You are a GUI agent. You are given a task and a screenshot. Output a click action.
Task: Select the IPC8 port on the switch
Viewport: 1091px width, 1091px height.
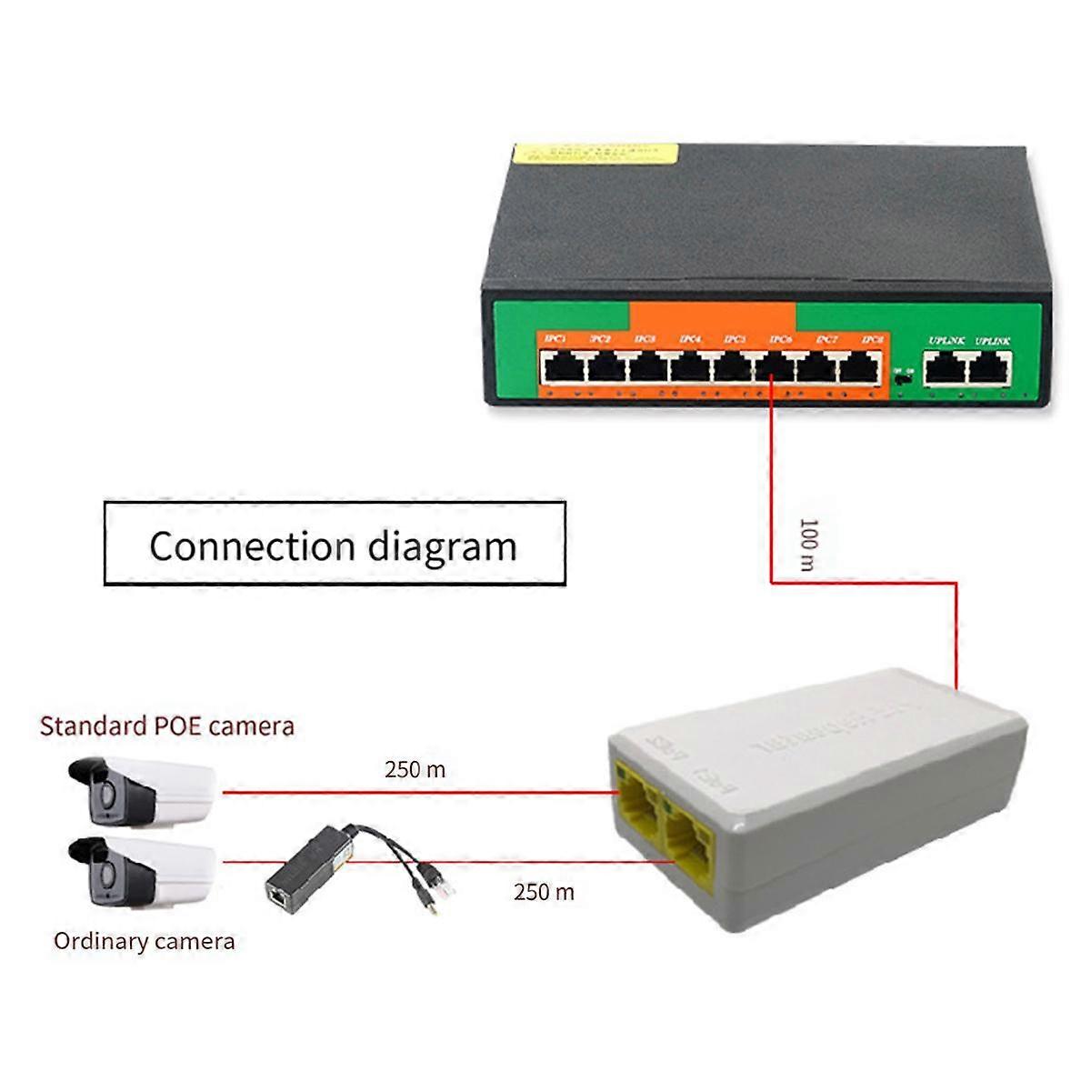click(x=859, y=368)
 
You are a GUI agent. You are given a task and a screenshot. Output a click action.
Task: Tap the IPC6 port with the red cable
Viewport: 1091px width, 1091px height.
click(x=775, y=368)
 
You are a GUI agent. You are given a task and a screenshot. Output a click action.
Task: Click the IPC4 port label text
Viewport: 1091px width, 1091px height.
click(x=690, y=339)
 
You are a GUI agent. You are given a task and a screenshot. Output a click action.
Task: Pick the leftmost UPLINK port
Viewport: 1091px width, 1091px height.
click(x=946, y=368)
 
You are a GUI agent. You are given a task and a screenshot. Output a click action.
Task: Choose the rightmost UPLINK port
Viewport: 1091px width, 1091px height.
click(x=989, y=368)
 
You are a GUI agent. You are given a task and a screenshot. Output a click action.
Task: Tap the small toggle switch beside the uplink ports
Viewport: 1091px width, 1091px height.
click(x=901, y=380)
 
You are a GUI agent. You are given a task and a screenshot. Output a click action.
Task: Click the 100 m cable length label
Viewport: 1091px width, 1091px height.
click(x=807, y=545)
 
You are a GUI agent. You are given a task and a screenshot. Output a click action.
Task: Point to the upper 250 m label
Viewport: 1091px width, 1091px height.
click(x=415, y=770)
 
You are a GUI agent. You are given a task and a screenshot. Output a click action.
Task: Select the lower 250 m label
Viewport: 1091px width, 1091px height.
click(x=544, y=892)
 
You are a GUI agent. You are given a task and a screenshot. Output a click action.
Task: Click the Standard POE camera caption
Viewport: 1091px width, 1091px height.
click(x=167, y=726)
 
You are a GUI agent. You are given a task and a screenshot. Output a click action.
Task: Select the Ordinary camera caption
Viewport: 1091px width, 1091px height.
click(x=144, y=941)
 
